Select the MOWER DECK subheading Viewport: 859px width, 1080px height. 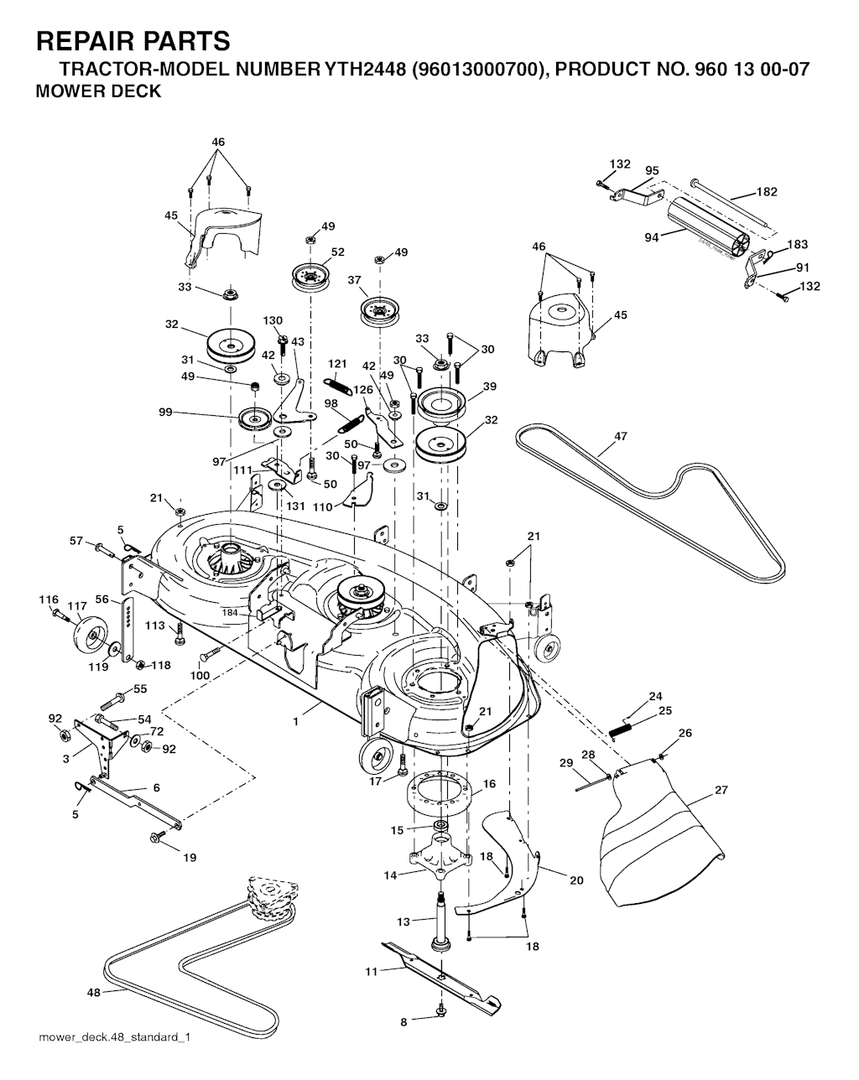[98, 91]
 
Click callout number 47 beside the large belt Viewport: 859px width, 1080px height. [621, 436]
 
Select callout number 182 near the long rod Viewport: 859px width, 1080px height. [767, 192]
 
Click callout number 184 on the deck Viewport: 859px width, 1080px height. [231, 612]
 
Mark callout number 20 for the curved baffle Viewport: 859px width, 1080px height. [576, 880]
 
